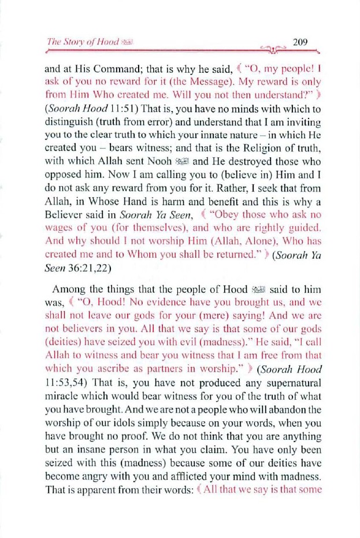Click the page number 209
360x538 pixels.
(x=300, y=42)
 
